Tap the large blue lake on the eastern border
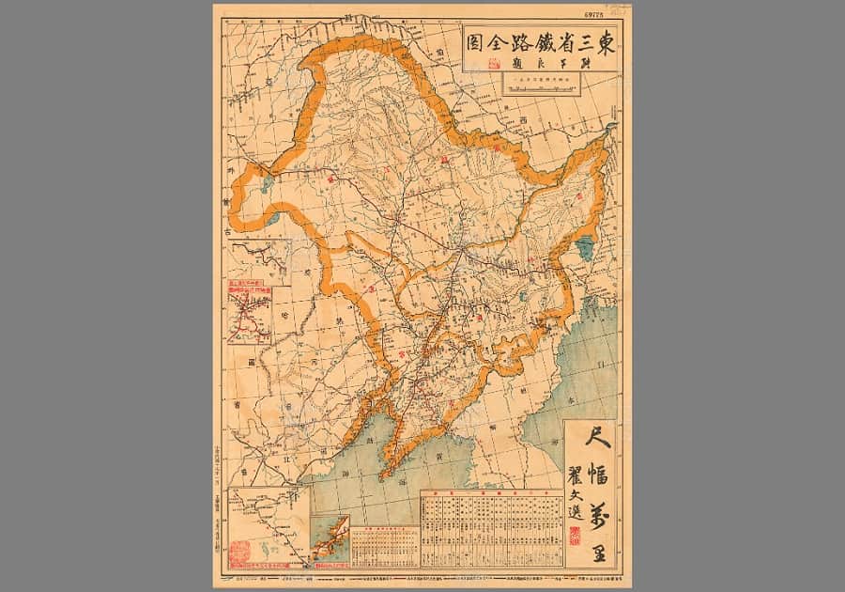coord(585,249)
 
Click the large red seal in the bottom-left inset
coord(240,548)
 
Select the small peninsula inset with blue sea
coord(330,541)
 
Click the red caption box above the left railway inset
coord(247,282)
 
